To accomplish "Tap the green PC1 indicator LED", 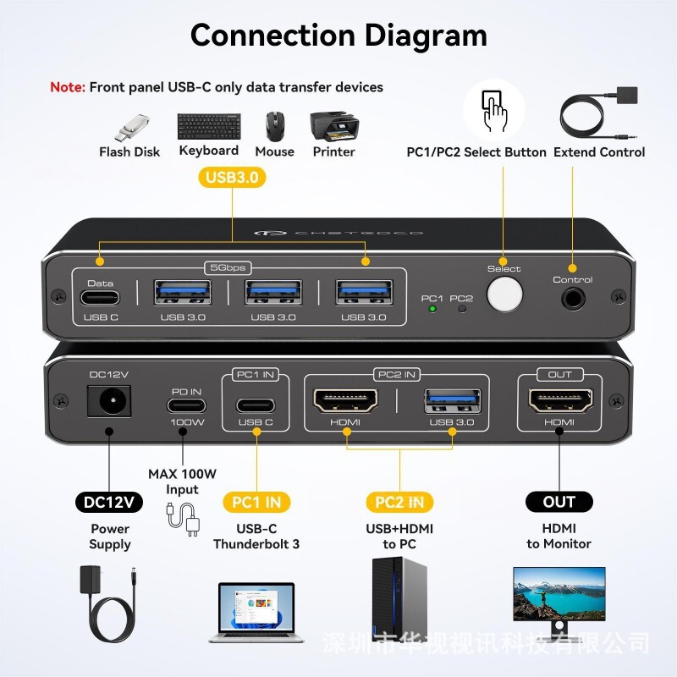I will [x=432, y=309].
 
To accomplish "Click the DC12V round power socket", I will [x=108, y=401].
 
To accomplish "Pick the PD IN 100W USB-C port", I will [x=182, y=403].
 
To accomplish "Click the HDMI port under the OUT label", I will [x=559, y=400].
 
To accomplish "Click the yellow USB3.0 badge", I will [x=232, y=177].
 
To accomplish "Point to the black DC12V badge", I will [x=109, y=502].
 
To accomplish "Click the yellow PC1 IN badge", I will [x=256, y=502].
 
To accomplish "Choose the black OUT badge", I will [x=559, y=502].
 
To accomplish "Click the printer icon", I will [x=333, y=126].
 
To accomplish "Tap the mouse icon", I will [x=275, y=127].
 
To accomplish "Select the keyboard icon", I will [x=209, y=127].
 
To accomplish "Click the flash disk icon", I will [x=130, y=129].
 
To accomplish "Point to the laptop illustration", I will [x=256, y=608].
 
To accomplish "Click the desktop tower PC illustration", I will [x=399, y=597].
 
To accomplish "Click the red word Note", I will [x=68, y=87].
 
